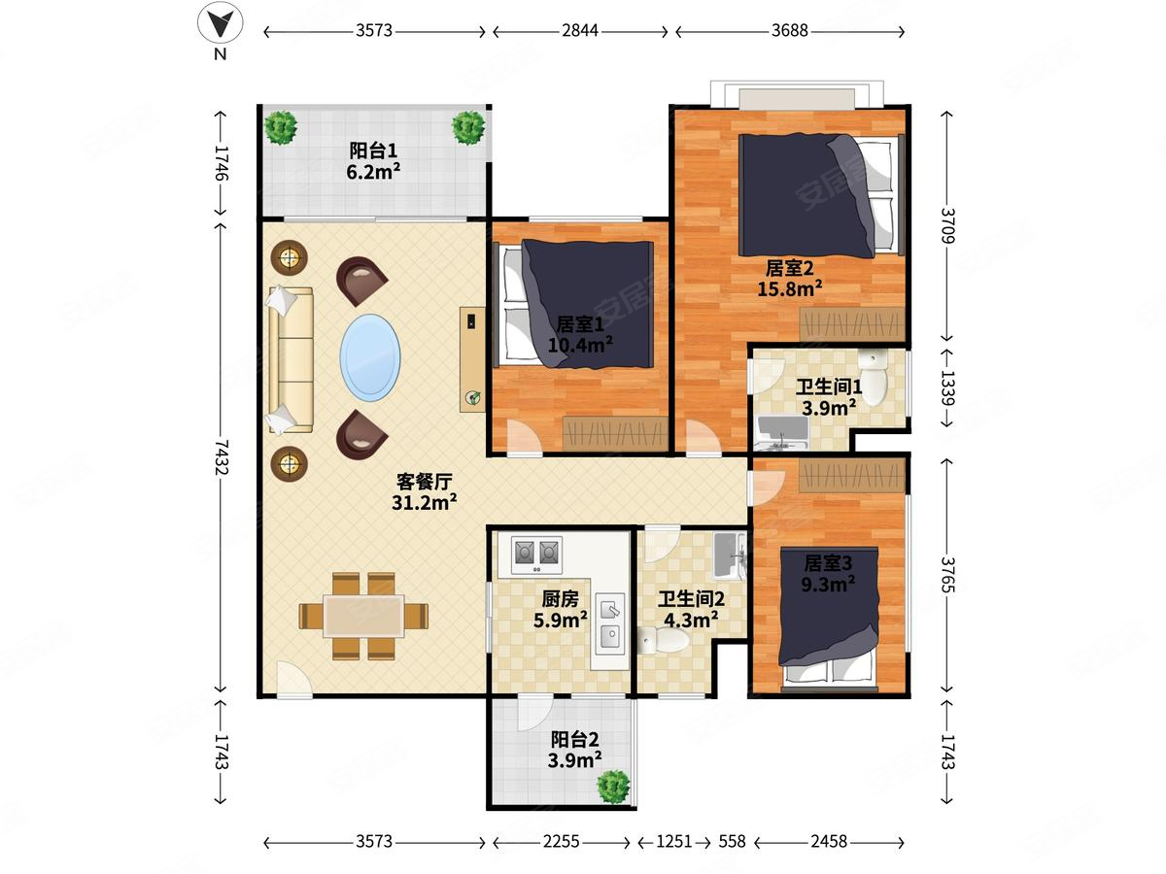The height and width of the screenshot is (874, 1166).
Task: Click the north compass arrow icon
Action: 220,22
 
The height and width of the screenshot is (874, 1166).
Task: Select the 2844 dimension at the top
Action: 579,31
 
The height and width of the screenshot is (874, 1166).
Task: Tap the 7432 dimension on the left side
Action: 222,456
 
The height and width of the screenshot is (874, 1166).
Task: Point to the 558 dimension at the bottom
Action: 732,841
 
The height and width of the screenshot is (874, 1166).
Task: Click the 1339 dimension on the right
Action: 947,387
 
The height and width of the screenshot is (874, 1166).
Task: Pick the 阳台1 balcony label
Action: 373,151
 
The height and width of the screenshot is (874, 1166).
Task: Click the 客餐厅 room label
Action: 424,482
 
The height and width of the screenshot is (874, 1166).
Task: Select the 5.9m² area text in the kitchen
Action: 560,620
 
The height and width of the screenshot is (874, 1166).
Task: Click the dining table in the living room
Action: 363,616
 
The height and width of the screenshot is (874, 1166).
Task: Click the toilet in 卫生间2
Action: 664,641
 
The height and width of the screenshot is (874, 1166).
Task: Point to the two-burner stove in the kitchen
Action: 536,555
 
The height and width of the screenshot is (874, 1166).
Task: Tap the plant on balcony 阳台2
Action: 613,786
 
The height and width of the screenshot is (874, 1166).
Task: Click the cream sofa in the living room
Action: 290,359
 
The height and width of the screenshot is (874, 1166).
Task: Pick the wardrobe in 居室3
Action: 851,476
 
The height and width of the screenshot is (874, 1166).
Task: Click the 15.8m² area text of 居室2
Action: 789,288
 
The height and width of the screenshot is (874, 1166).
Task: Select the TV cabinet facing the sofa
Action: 472,359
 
